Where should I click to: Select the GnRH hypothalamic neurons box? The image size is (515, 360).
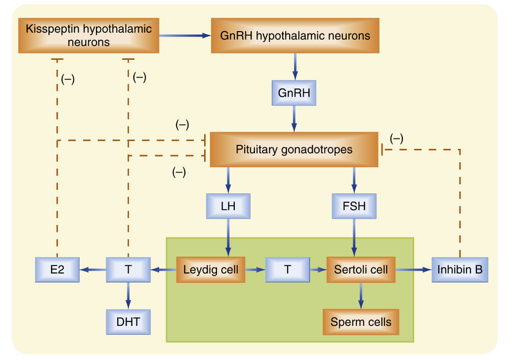tap(295, 36)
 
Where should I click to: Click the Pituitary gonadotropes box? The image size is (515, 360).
tap(294, 149)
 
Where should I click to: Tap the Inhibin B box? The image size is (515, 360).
tap(461, 269)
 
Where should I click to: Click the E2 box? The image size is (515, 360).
tap(58, 269)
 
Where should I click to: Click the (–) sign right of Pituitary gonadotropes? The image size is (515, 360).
tap(397, 138)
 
